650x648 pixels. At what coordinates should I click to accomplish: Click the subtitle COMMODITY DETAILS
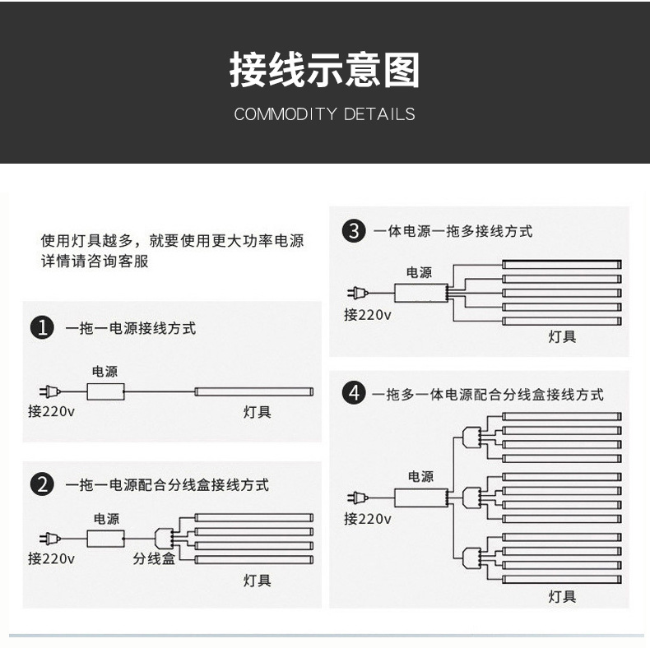pyautogui.click(x=324, y=114)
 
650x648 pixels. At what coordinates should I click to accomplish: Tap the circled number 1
pyautogui.click(x=41, y=328)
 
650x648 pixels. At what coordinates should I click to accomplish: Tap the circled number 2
pyautogui.click(x=41, y=484)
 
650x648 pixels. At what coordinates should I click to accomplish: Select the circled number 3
pyautogui.click(x=353, y=232)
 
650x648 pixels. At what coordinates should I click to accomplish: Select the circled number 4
pyautogui.click(x=353, y=394)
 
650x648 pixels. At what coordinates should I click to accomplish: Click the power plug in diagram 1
pyautogui.click(x=46, y=391)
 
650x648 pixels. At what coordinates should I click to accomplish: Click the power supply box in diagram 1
pyautogui.click(x=105, y=391)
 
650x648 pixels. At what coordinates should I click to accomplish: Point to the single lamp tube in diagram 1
pyautogui.click(x=254, y=391)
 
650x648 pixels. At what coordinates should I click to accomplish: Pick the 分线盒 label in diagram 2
pyautogui.click(x=155, y=558)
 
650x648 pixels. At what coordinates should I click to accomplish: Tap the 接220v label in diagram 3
pyautogui.click(x=367, y=313)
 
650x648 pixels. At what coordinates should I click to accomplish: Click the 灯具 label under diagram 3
pyautogui.click(x=563, y=336)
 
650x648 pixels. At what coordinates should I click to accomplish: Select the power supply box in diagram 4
pyautogui.click(x=420, y=497)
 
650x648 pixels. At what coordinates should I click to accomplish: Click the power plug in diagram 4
pyautogui.click(x=355, y=497)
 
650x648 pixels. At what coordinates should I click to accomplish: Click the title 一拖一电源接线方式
pyautogui.click(x=131, y=328)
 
